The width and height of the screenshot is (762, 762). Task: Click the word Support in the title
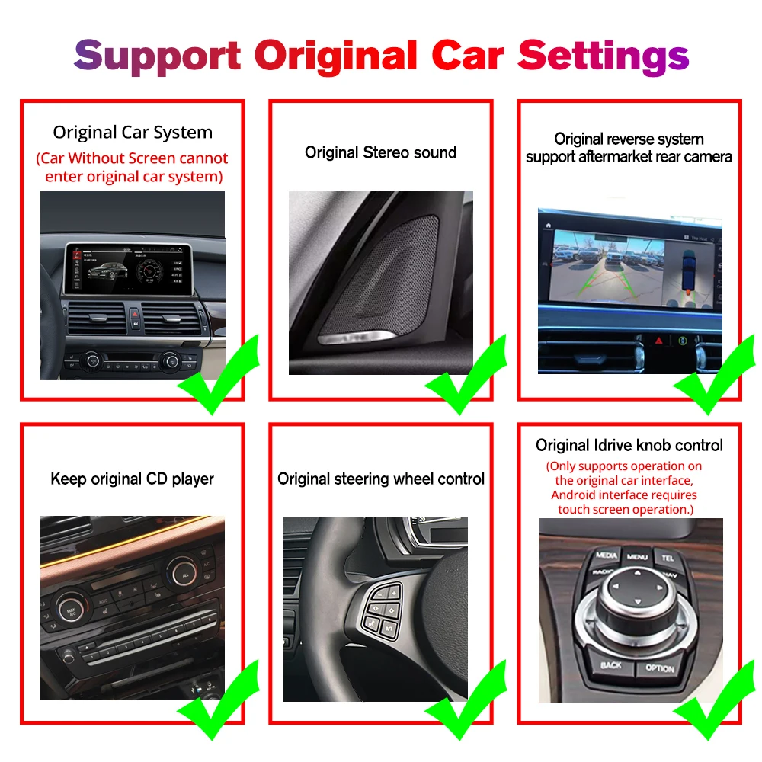click(x=157, y=56)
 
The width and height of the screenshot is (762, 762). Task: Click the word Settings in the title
click(x=604, y=56)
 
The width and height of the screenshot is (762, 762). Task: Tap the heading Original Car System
click(x=133, y=133)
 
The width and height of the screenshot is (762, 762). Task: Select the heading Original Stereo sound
click(x=380, y=152)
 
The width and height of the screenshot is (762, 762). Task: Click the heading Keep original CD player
click(x=132, y=479)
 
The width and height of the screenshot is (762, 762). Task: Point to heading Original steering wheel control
click(x=380, y=479)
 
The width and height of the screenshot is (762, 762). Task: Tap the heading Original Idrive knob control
click(x=629, y=446)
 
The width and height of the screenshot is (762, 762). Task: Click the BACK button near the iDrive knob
click(x=611, y=665)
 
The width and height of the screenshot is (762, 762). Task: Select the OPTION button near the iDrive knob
click(x=660, y=668)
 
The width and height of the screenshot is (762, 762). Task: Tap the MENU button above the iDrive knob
click(x=637, y=557)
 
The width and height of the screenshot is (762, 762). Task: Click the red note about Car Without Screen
click(x=133, y=168)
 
